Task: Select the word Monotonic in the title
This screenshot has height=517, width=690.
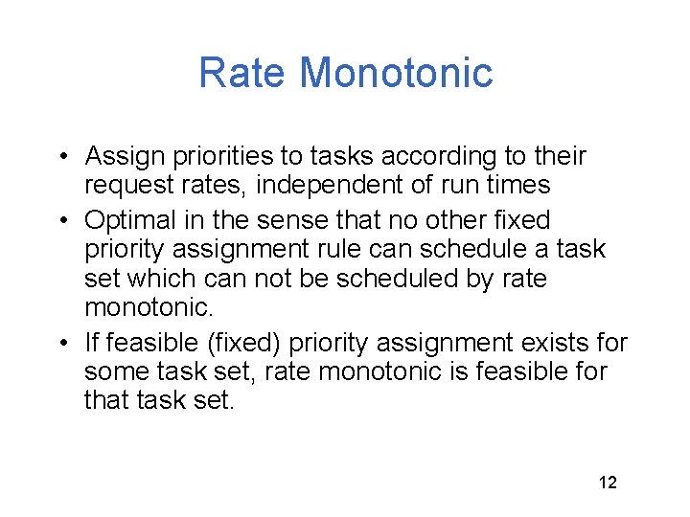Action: [x=396, y=73]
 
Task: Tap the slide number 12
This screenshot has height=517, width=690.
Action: [x=608, y=482]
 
